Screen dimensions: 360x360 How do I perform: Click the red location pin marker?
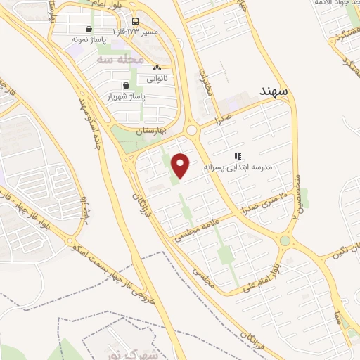181,166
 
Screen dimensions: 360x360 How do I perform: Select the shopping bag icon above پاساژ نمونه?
89,30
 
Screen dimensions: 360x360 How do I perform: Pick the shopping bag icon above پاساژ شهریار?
125,86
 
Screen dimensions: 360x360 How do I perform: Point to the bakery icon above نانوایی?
156,68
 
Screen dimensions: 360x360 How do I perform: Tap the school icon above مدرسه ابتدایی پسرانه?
238,156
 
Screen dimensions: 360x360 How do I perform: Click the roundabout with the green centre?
285,241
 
